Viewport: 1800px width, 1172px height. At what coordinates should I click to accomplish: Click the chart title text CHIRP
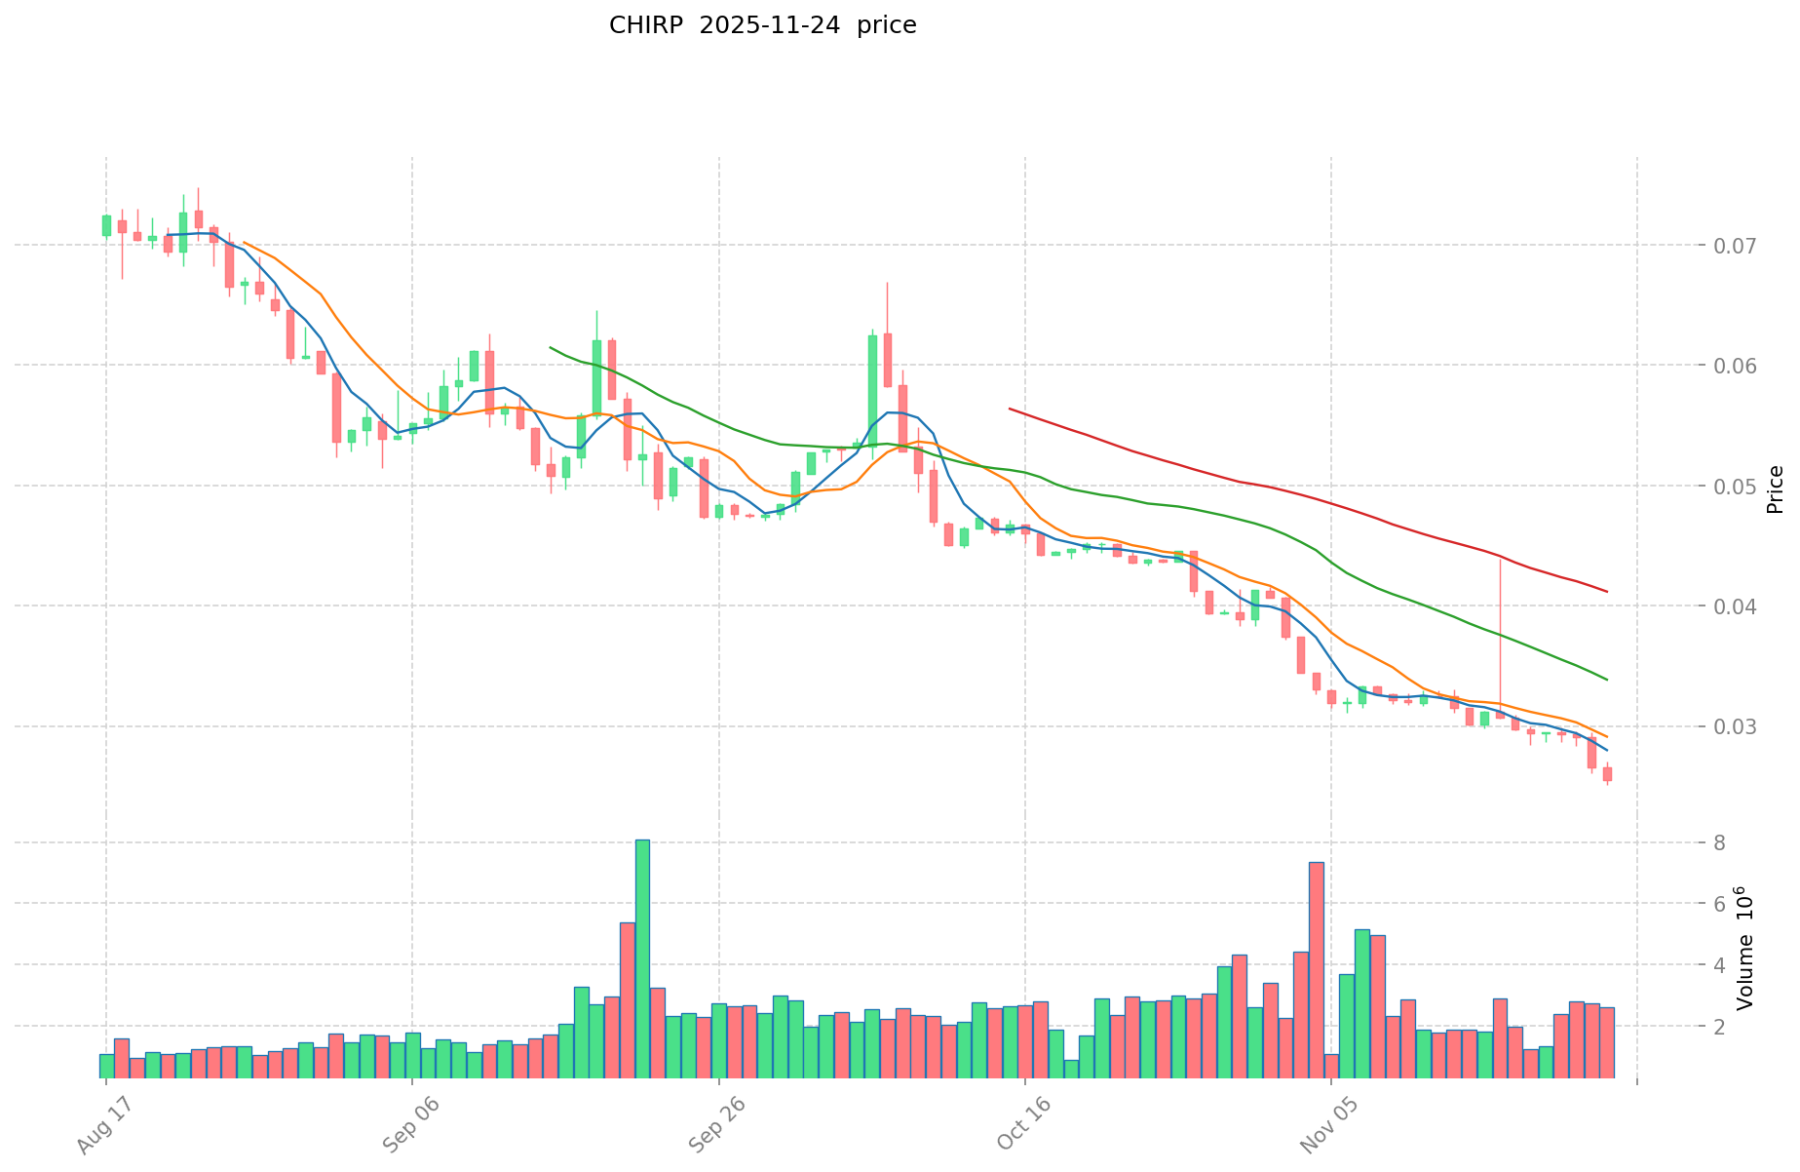tap(639, 26)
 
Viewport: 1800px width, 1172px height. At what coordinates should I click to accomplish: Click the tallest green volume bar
tap(642, 958)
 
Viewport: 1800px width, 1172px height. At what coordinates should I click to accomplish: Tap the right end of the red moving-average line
tap(1606, 591)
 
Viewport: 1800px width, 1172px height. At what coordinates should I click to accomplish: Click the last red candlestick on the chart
tap(1607, 774)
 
